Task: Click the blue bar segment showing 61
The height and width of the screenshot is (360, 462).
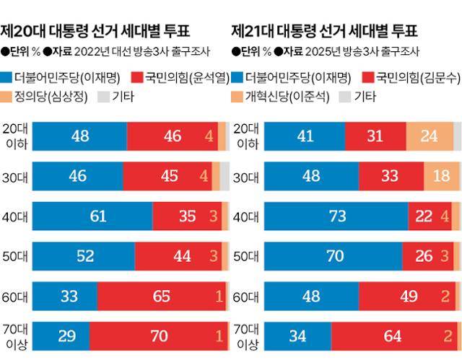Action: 93,216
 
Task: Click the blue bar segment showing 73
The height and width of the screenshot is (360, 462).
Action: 336,216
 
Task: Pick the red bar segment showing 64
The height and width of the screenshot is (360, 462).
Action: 393,336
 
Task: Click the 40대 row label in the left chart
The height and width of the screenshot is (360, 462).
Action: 17,216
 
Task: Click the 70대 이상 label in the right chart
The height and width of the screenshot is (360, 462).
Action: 248,336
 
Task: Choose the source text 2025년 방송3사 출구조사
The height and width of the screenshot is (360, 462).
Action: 339,52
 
